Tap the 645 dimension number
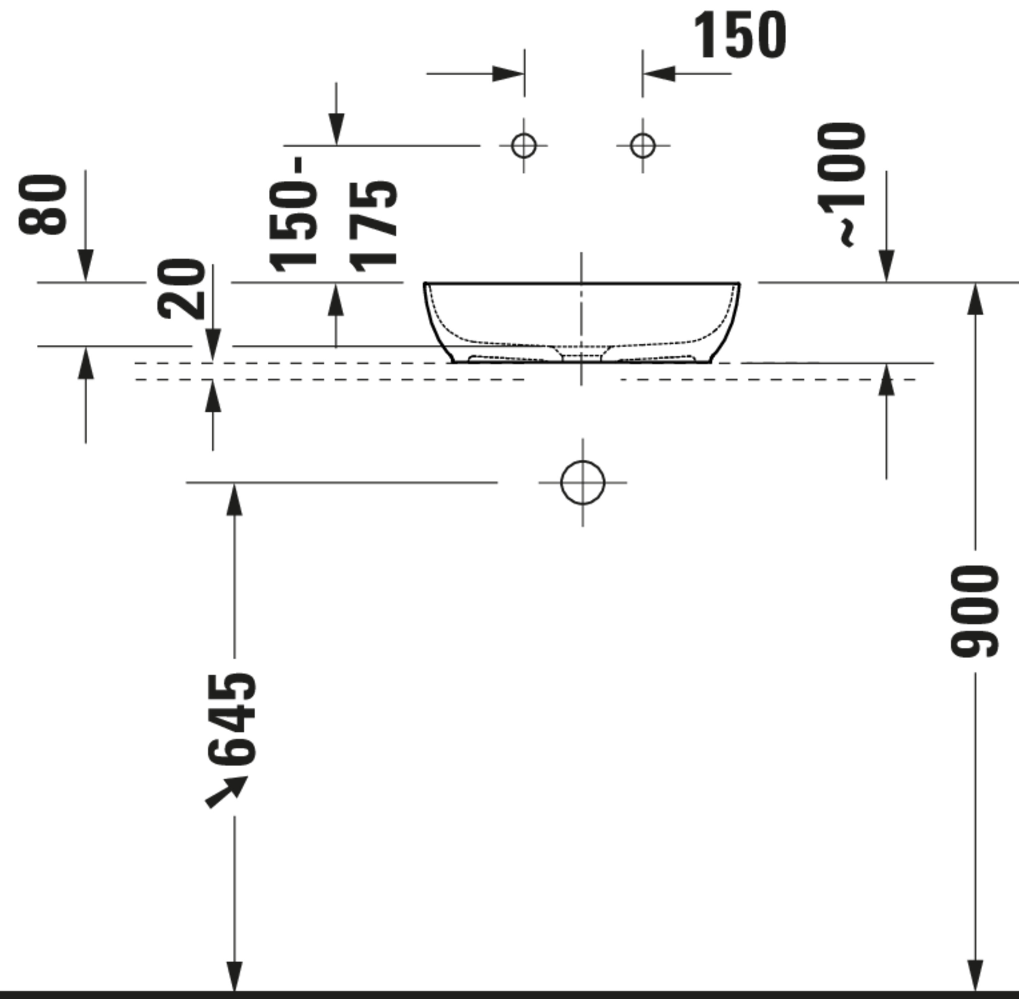pos(232,718)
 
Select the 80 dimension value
pos(43,204)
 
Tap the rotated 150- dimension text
pos(294,215)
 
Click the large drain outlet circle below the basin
pos(583,482)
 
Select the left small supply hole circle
pos(524,145)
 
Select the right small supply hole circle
pos(643,145)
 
